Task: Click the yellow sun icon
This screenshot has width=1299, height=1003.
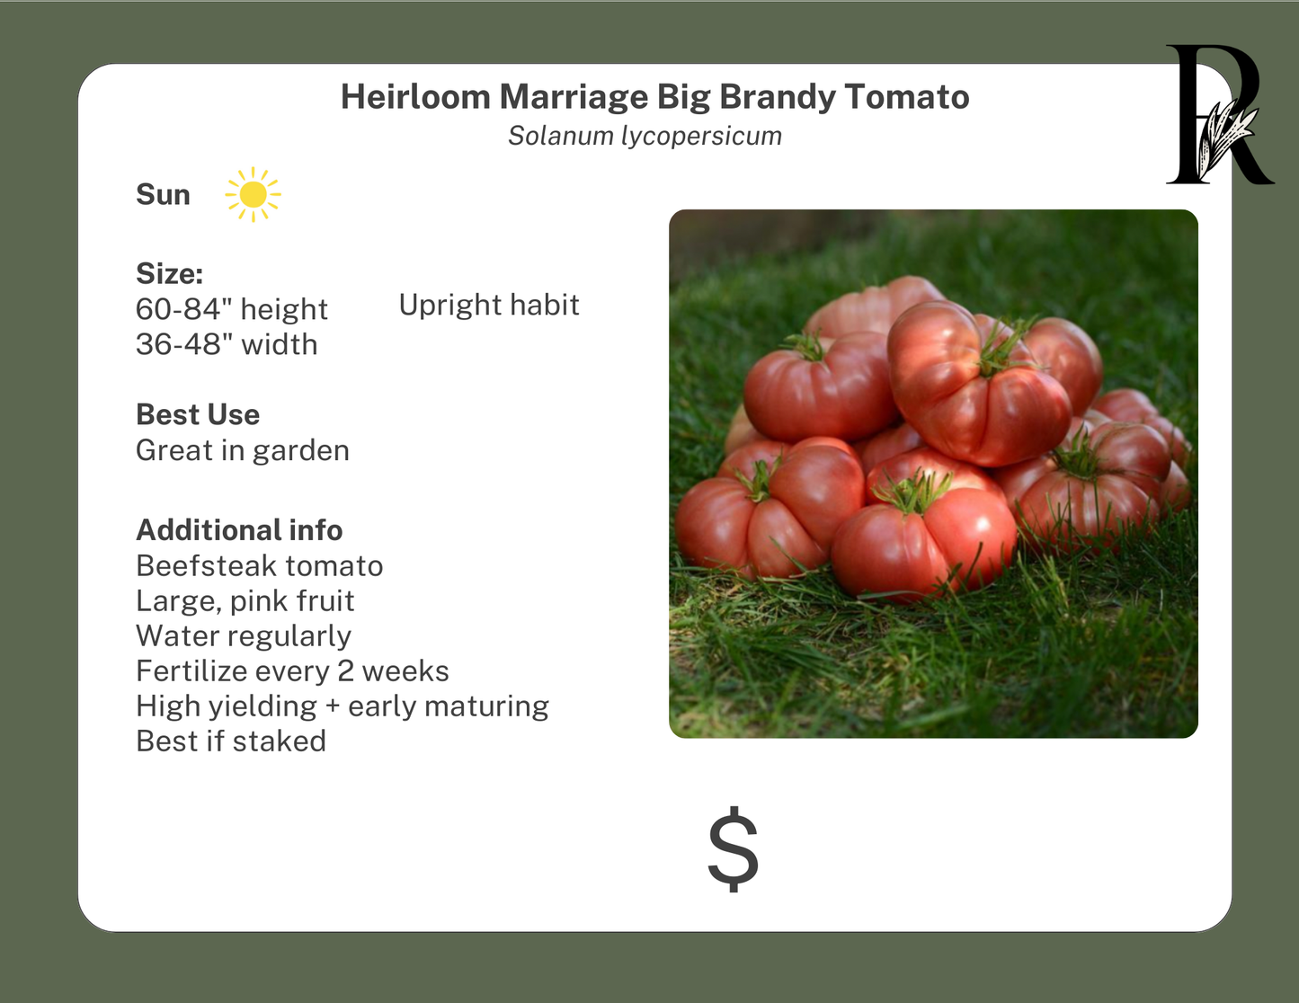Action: [x=253, y=194]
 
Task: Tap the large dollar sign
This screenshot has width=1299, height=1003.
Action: [x=733, y=848]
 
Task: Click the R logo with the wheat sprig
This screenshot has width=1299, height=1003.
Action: [x=1218, y=117]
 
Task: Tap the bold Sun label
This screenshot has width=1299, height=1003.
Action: [x=163, y=195]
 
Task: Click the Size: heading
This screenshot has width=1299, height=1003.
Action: [x=169, y=273]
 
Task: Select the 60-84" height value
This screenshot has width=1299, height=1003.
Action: [x=231, y=309]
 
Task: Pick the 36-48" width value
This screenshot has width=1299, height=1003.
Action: [x=227, y=344]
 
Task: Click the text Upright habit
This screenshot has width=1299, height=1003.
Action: [x=488, y=306]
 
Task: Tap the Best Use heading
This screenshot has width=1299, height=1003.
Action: [x=198, y=414]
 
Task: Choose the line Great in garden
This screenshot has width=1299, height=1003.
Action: [x=242, y=450]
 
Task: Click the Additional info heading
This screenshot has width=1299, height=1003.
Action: [x=239, y=530]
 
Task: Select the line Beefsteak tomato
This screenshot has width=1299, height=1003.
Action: [x=259, y=566]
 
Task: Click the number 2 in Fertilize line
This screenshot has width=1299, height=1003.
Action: [x=345, y=671]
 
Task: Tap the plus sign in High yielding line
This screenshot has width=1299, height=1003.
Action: [x=333, y=707]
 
